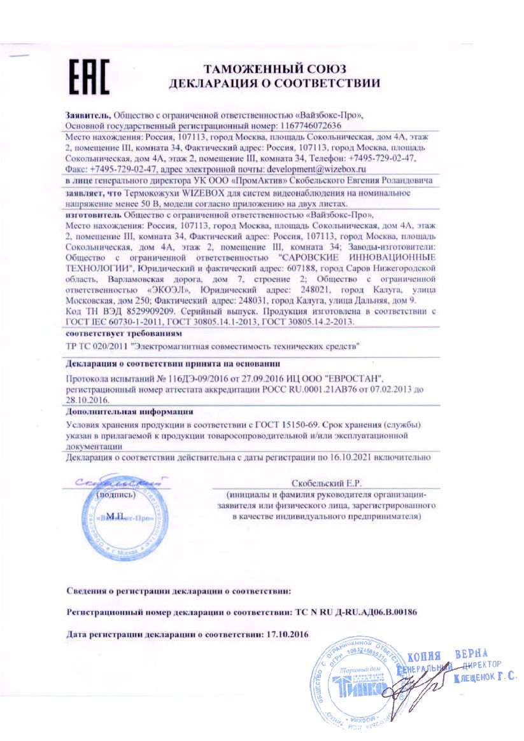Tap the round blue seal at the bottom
tap(354, 684)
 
